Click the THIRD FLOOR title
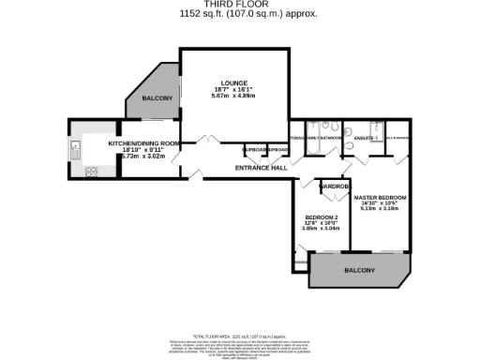coord(240,5)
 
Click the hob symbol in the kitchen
coord(92,172)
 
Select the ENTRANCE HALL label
coord(260,168)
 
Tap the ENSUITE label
coord(365,139)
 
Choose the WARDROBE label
coord(336,186)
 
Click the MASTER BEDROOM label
coord(380,196)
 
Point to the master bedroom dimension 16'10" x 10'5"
coord(380,202)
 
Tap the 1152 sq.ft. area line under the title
coord(240,14)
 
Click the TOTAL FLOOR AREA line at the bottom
coord(240,335)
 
